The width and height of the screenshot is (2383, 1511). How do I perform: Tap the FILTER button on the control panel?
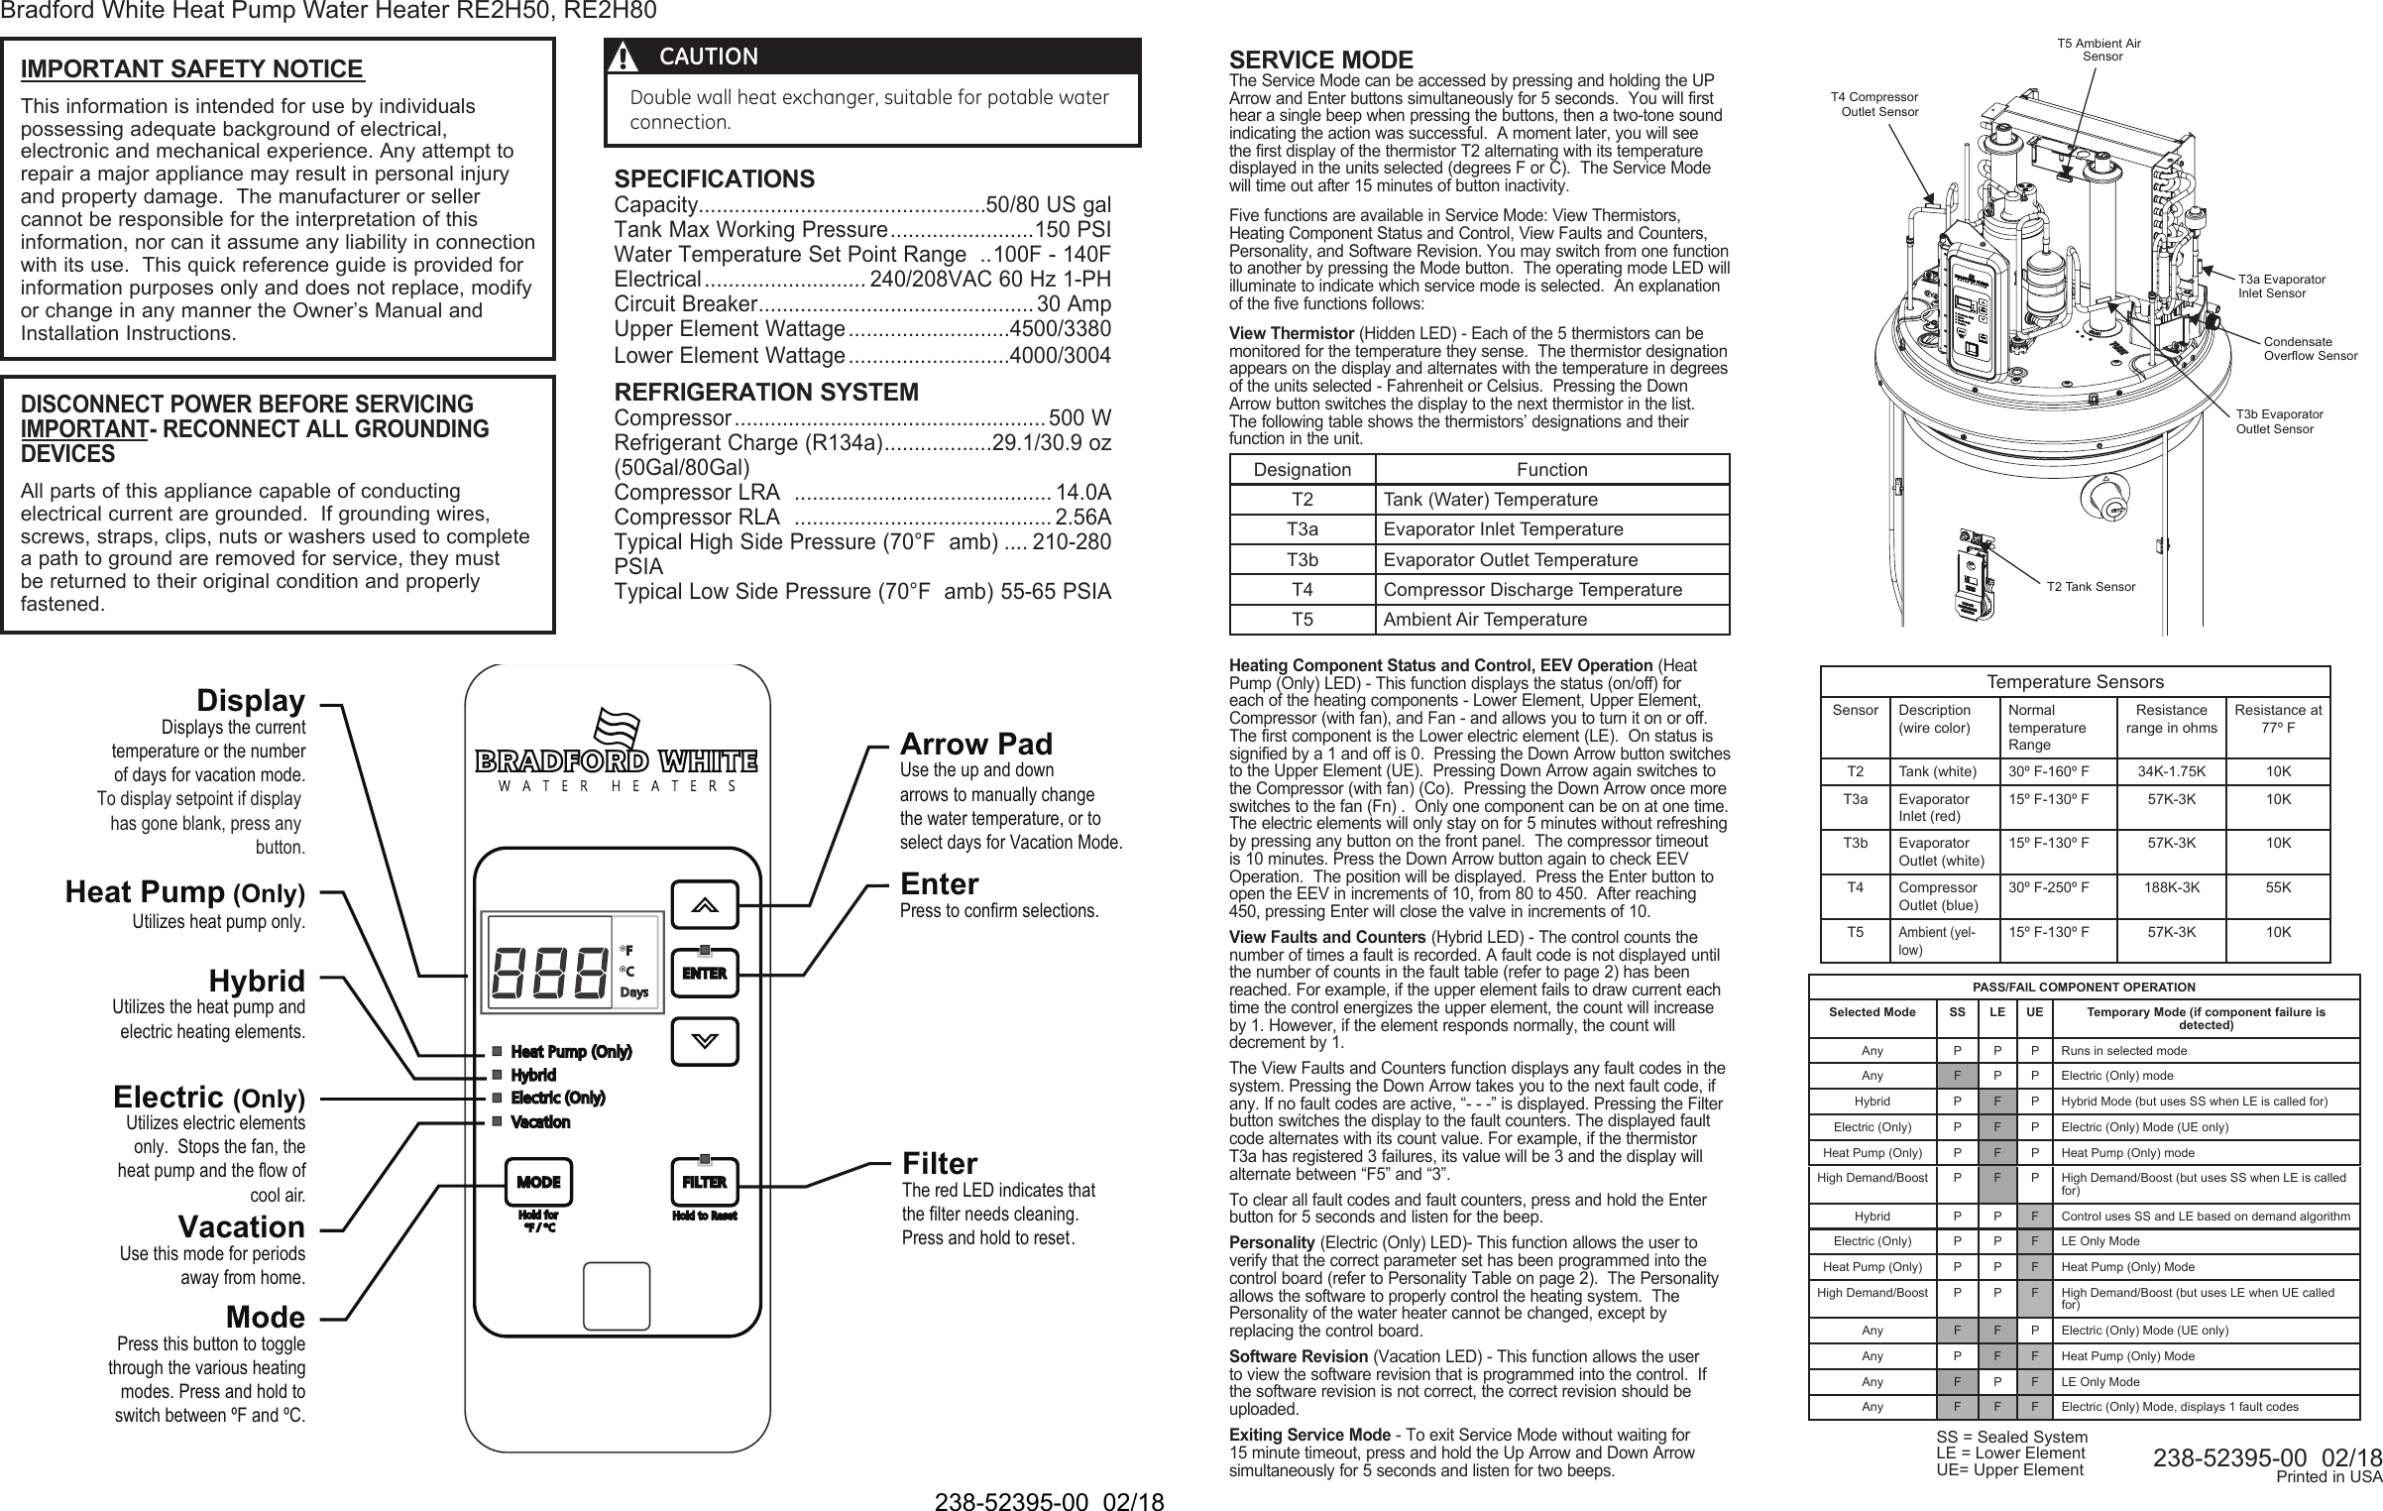(704, 1182)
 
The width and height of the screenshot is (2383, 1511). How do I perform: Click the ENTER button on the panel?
(704, 973)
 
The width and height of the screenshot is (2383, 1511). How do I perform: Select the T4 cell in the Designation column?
(1302, 590)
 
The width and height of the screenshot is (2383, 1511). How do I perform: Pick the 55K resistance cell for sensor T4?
(2278, 888)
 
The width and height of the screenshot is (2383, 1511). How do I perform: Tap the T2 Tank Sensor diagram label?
(2091, 587)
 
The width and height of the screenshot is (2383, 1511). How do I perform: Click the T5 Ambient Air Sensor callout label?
(2099, 50)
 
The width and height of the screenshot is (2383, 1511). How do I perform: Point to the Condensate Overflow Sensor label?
(2310, 348)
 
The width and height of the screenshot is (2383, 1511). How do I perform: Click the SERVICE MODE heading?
(1320, 60)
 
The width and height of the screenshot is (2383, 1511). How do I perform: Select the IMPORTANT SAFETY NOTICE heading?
(192, 69)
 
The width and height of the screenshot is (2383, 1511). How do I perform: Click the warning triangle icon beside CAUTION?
(624, 58)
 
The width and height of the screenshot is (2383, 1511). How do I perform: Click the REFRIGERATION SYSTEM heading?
(766, 392)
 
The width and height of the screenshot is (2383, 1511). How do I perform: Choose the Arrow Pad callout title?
(975, 744)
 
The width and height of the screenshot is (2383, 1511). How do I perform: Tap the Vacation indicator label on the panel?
(540, 1122)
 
